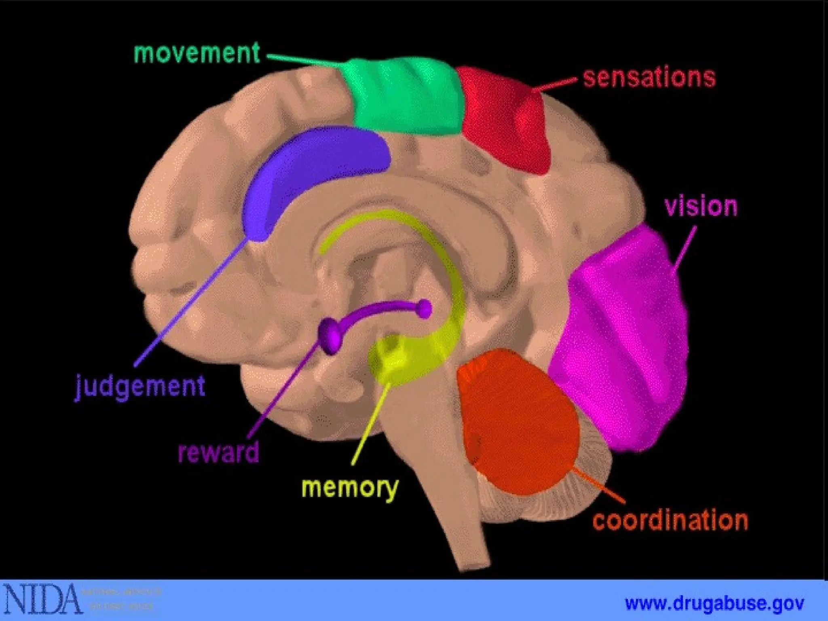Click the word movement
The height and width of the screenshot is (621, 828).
click(x=196, y=54)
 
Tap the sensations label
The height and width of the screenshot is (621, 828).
click(x=649, y=78)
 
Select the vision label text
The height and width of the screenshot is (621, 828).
click(x=701, y=207)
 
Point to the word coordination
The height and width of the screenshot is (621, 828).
click(x=670, y=520)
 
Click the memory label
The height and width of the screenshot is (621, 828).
click(x=350, y=488)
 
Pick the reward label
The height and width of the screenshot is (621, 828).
click(x=218, y=452)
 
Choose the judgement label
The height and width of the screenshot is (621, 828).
click(x=140, y=386)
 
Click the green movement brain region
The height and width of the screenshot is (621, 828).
click(x=404, y=97)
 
